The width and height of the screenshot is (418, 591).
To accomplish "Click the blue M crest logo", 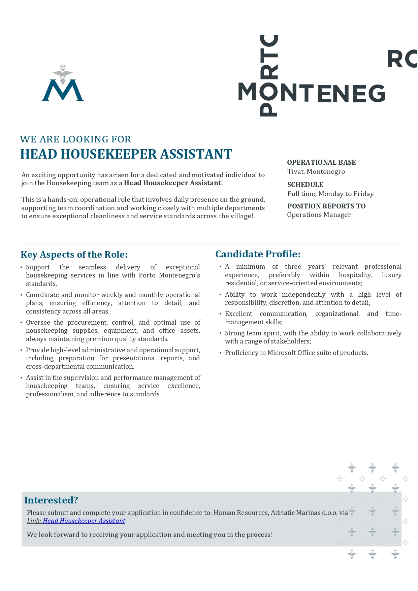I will pyautogui.click(x=63, y=84).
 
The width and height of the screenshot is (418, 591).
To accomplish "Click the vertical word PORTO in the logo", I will pyautogui.click(x=269, y=76).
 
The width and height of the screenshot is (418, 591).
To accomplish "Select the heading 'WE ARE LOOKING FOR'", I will pyautogui.click(x=75, y=139).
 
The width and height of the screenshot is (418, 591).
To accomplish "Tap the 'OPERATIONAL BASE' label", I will pyautogui.click(x=321, y=162).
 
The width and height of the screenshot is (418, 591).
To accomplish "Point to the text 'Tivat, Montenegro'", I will pyautogui.click(x=316, y=171).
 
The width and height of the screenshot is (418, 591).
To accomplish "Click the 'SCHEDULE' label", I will pyautogui.click(x=305, y=185).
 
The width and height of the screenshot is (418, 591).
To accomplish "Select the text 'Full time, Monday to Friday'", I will pyautogui.click(x=330, y=194).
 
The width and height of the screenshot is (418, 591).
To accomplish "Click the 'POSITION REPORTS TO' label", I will pyautogui.click(x=326, y=206).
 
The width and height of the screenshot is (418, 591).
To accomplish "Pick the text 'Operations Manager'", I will pyautogui.click(x=319, y=215).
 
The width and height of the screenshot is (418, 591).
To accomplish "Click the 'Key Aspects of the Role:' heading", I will pyautogui.click(x=74, y=255).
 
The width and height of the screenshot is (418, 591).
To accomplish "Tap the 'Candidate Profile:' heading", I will pyautogui.click(x=258, y=254).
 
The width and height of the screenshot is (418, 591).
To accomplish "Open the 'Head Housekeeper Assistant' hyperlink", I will pyautogui.click(x=84, y=521).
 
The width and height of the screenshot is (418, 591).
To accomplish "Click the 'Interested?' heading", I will pyautogui.click(x=51, y=500).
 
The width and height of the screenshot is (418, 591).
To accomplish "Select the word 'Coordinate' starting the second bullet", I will pyautogui.click(x=42, y=295).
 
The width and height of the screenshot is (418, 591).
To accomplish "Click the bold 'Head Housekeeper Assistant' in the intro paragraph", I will pyautogui.click(x=172, y=183).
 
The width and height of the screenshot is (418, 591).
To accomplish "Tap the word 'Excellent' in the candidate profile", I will pyautogui.click(x=238, y=314).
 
